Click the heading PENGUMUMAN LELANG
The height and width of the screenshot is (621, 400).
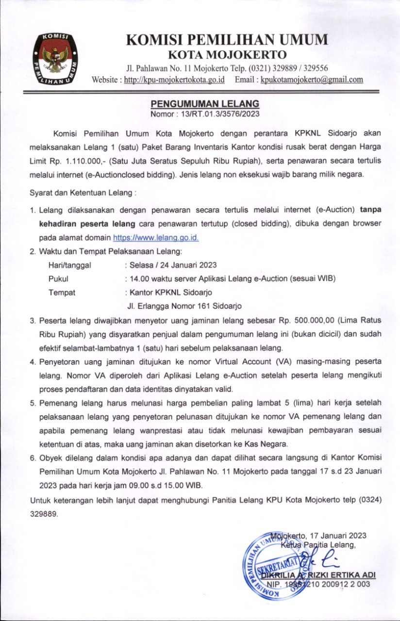[x=205, y=104]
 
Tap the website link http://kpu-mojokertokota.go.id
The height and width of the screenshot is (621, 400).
[x=174, y=80]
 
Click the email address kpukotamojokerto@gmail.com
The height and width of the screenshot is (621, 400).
[x=312, y=80]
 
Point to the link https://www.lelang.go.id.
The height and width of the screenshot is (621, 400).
[x=156, y=238]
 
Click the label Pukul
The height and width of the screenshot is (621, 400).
[x=58, y=278]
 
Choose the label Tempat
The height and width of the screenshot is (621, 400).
[x=62, y=293]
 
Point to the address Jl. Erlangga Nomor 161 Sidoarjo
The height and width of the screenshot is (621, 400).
[x=184, y=306]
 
